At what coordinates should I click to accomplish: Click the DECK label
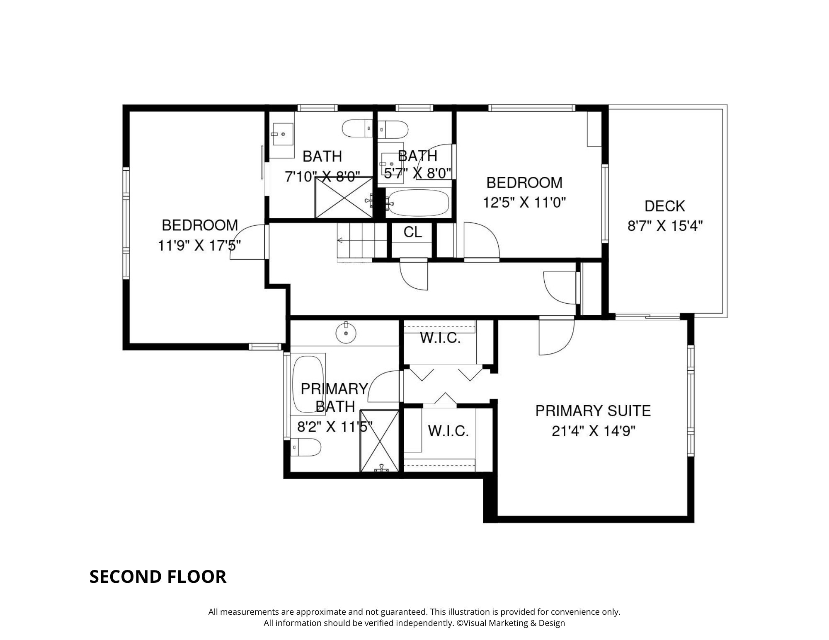coord(664,206)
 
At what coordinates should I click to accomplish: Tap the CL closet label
coord(413,232)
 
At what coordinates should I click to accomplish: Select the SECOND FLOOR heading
coord(158,577)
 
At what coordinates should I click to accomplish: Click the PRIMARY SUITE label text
coord(593,411)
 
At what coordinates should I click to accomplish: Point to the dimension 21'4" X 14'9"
coord(593,432)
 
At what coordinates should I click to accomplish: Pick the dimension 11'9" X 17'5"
coord(199,246)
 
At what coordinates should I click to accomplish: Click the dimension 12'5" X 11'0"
coord(524,203)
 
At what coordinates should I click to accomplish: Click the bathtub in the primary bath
coord(308,383)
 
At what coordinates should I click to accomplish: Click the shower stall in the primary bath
coord(379,441)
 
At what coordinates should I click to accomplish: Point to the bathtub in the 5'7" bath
coord(419,203)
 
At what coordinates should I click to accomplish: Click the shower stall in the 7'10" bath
coord(344,197)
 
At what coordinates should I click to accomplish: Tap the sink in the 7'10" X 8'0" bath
coord(283,134)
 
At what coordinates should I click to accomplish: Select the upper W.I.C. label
coord(440,338)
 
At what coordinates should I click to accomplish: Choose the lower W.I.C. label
coord(448,431)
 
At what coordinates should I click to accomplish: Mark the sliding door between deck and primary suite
coord(648,317)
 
